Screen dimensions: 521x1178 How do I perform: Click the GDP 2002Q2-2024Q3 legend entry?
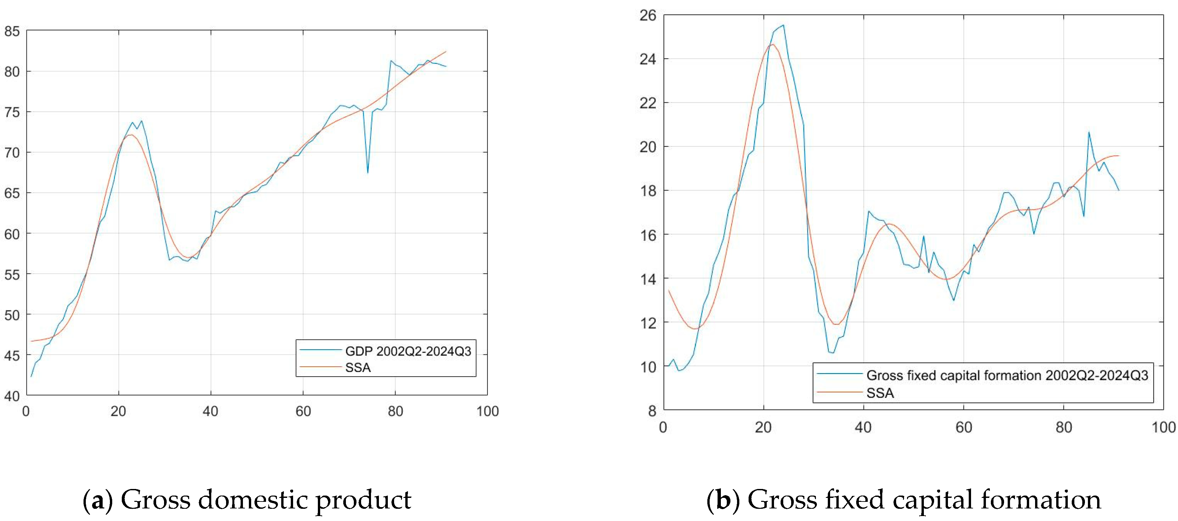click(407, 351)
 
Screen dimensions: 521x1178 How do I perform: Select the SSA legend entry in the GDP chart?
click(357, 368)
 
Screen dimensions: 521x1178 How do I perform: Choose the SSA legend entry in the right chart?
click(880, 393)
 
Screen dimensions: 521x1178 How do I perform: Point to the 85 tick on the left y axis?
click(12, 31)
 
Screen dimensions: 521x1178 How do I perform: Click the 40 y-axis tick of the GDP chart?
click(12, 395)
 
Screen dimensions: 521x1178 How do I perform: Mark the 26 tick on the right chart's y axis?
click(648, 16)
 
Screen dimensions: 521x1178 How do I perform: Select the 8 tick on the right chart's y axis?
click(652, 411)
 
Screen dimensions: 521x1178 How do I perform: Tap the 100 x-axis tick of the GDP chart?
click(488, 411)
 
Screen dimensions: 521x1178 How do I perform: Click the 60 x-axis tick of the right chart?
click(963, 427)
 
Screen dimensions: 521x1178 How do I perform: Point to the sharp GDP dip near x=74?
click(368, 172)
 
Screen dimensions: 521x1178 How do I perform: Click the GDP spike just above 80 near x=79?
click(391, 61)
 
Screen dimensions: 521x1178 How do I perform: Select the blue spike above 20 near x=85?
click(1089, 132)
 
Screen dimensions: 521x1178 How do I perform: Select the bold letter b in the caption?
click(723, 500)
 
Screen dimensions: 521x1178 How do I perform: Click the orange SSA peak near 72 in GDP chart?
click(131, 134)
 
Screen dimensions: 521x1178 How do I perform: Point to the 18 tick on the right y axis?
click(648, 191)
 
